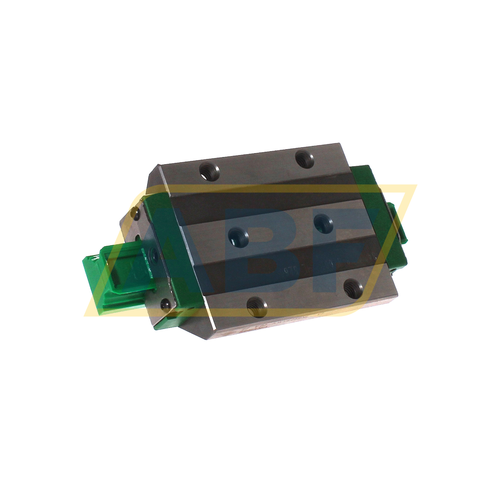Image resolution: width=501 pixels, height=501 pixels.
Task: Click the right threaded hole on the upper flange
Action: pos(304,159)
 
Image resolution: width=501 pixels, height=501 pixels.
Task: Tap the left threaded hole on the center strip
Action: pos(238,237)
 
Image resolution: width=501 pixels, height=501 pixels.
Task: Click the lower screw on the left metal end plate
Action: pos(166,305)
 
